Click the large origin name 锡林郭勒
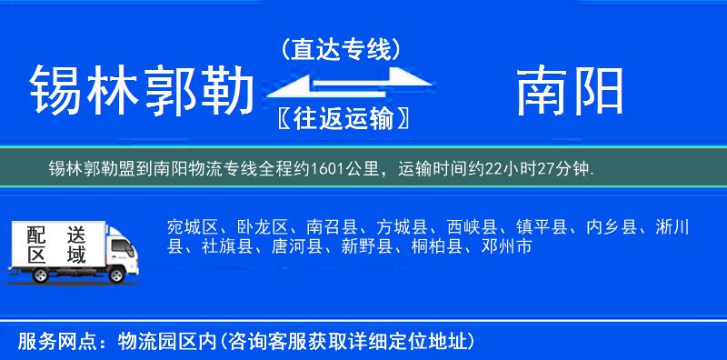[141, 91]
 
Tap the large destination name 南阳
[571, 91]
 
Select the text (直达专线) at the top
[340, 50]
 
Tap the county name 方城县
[402, 225]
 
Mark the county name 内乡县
[613, 225]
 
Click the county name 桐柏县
[436, 245]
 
